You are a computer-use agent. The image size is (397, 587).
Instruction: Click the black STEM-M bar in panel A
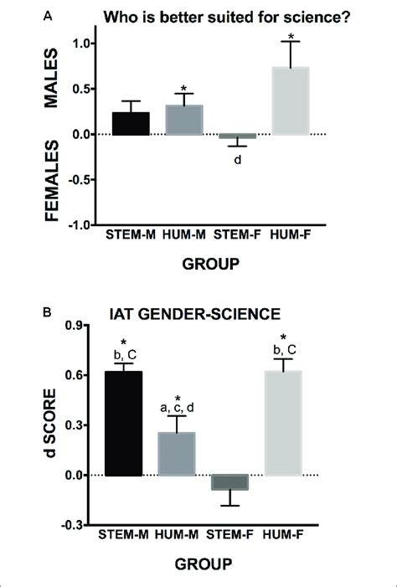pos(131,123)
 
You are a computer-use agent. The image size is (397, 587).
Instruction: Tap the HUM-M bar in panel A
pos(183,120)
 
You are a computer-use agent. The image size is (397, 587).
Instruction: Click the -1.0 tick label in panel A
pos(80,224)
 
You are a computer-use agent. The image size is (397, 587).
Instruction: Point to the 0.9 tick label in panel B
pos(76,326)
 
